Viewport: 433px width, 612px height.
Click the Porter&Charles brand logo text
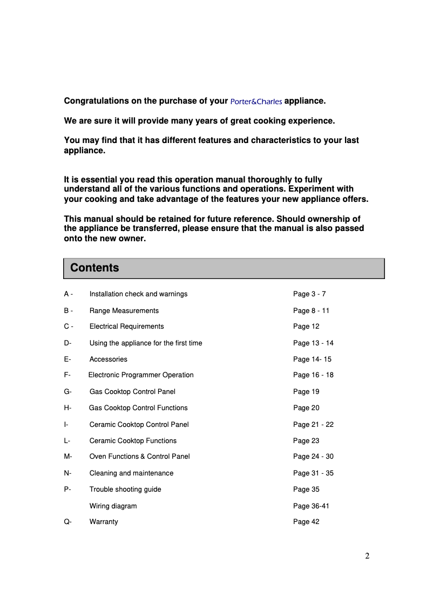tap(256, 101)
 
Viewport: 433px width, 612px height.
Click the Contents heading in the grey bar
tap(94, 268)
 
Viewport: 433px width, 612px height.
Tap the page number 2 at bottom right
tap(367, 556)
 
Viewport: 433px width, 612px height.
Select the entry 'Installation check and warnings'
tap(138, 294)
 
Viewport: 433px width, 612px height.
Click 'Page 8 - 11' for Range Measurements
tap(311, 311)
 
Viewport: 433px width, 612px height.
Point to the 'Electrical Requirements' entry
tap(126, 327)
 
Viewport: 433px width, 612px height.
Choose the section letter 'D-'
tap(67, 343)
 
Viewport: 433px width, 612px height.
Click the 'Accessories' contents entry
tap(108, 359)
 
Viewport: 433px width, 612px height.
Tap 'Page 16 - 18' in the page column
tap(313, 375)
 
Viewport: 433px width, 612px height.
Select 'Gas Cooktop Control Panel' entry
tap(132, 392)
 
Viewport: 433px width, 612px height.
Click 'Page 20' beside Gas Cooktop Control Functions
tap(306, 408)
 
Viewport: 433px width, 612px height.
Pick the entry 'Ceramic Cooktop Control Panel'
tap(139, 425)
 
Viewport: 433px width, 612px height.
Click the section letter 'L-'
tap(67, 441)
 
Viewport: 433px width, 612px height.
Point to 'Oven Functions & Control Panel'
tap(139, 457)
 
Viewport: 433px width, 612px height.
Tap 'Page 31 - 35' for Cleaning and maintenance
tap(313, 473)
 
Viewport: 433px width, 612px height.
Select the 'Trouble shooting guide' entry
tap(125, 489)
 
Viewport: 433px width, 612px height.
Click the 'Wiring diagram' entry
tap(113, 506)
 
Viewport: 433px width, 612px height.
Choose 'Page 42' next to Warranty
tap(306, 522)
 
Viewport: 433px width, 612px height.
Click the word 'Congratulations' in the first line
tap(96, 101)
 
